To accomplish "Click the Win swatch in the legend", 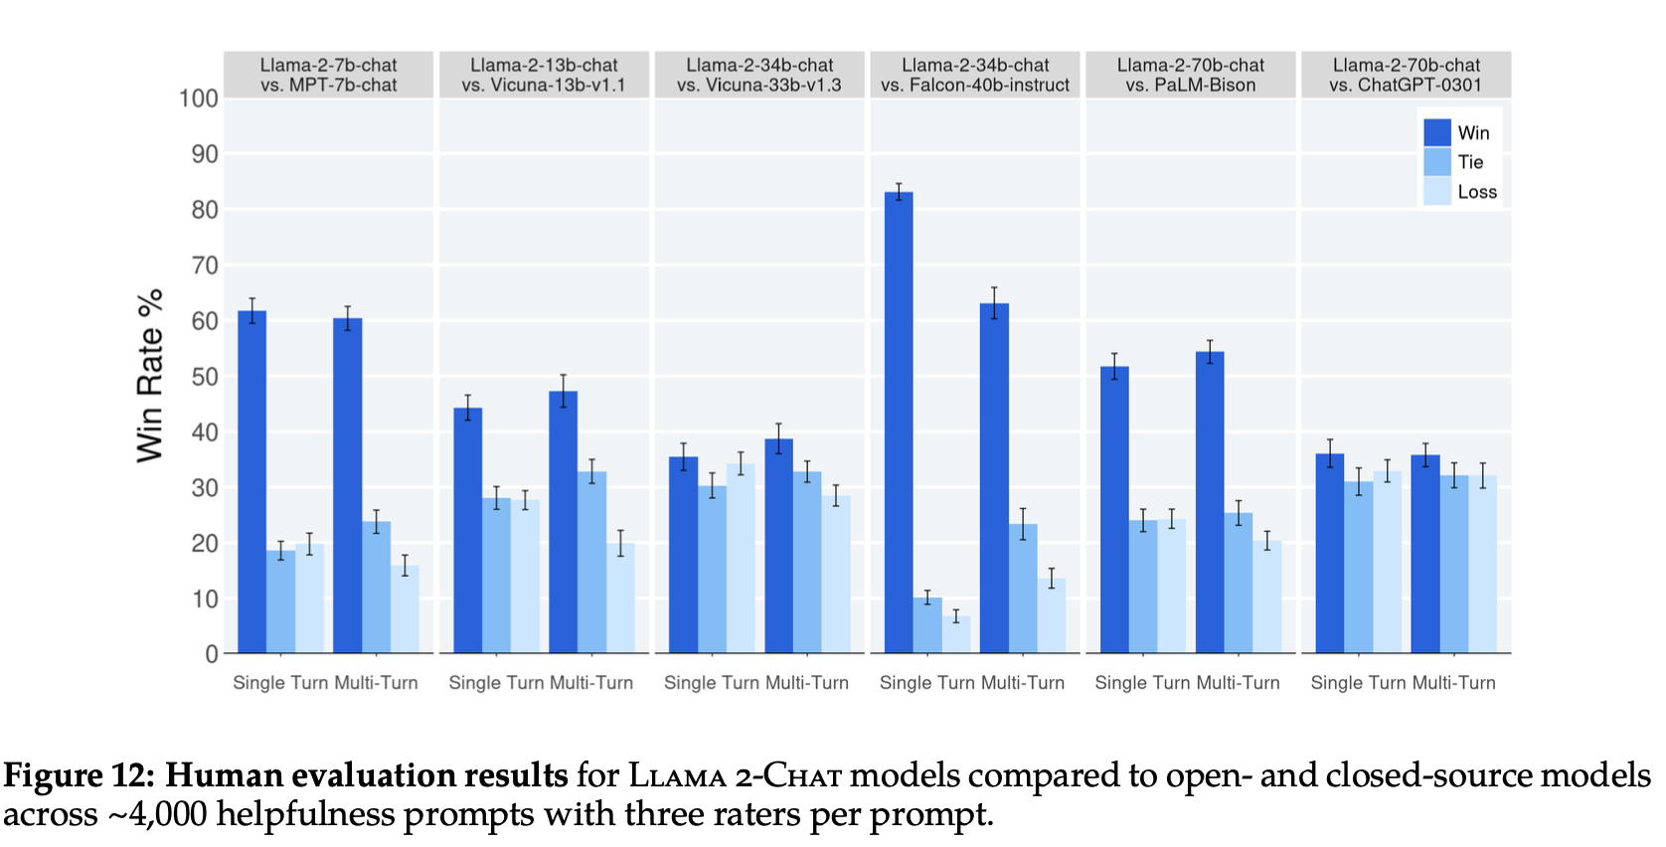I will (x=1437, y=133).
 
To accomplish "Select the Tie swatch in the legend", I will (x=1437, y=162).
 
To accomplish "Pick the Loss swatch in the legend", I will (x=1437, y=192).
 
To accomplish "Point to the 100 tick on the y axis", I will (x=199, y=98).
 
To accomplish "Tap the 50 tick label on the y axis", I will (x=205, y=377).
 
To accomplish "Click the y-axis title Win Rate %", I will (x=150, y=376).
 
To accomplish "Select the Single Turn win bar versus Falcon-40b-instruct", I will (x=899, y=423).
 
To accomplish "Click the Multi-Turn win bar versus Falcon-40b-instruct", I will (x=994, y=478).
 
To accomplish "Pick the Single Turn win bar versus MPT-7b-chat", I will (x=252, y=482).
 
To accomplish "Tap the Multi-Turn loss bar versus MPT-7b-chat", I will (x=405, y=609).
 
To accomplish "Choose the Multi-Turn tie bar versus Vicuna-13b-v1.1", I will (x=591, y=563).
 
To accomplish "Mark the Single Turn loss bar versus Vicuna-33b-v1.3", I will (x=741, y=559).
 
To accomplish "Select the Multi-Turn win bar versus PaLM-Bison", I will (x=1210, y=503).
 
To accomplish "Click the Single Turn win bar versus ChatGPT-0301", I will (x=1330, y=554).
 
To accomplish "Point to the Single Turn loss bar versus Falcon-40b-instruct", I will (x=956, y=635).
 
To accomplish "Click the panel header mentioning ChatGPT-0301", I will (x=1406, y=76).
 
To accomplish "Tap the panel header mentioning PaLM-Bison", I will (x=1191, y=76).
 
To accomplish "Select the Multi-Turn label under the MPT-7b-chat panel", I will (x=376, y=683).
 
